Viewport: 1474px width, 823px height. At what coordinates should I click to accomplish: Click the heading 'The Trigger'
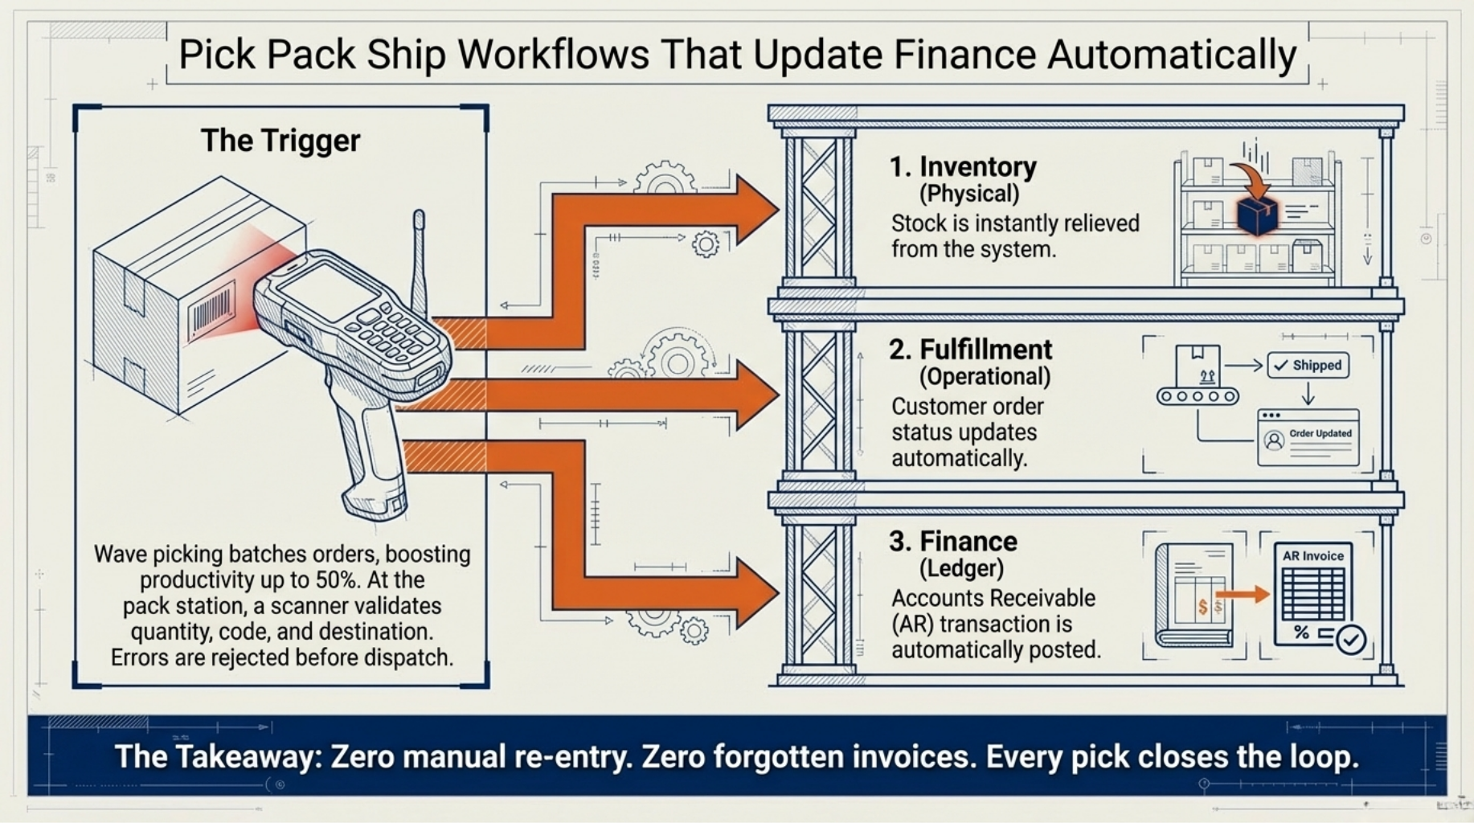click(x=280, y=141)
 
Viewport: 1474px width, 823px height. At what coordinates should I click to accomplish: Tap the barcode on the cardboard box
click(x=211, y=309)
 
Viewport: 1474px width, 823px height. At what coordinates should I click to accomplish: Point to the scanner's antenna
click(x=419, y=257)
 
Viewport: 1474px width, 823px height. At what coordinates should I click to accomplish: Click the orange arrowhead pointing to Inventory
click(x=755, y=211)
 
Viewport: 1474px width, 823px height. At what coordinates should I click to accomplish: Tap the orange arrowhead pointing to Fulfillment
click(x=755, y=394)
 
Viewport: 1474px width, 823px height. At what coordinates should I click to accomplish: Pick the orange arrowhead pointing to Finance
click(x=755, y=593)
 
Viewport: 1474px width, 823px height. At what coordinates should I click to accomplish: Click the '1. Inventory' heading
click(x=963, y=167)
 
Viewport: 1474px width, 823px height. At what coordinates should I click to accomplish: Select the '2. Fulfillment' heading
click(x=970, y=350)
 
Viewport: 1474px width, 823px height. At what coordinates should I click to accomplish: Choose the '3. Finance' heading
click(x=953, y=542)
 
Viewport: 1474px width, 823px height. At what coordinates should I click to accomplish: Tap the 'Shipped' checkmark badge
click(x=1308, y=366)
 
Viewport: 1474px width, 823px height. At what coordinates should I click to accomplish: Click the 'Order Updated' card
click(x=1308, y=438)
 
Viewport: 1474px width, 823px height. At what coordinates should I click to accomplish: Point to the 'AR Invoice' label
click(x=1312, y=556)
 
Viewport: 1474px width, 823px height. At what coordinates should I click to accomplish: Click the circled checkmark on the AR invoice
click(x=1351, y=639)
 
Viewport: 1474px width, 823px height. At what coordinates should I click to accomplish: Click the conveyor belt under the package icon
click(x=1198, y=396)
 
